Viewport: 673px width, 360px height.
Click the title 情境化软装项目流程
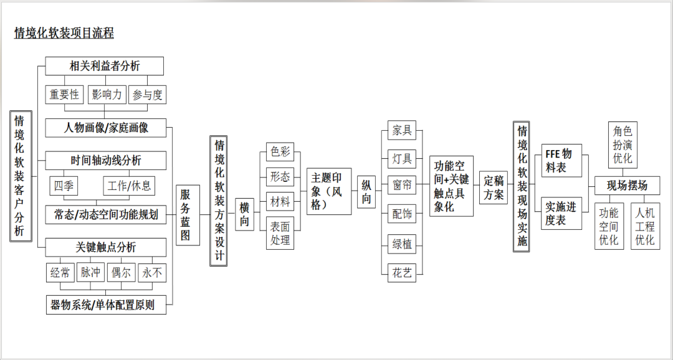click(x=64, y=34)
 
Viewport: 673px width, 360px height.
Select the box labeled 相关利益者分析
click(x=105, y=66)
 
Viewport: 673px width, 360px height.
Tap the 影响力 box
click(x=107, y=95)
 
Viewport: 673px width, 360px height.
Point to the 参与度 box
click(x=148, y=95)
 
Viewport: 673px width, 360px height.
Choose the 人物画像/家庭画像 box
click(x=106, y=128)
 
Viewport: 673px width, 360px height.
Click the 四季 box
click(x=64, y=186)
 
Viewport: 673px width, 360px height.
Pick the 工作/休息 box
click(x=128, y=186)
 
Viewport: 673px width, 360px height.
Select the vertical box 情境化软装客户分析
click(x=20, y=176)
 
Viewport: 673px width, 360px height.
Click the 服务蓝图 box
click(x=188, y=215)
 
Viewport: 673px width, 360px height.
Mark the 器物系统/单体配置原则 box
click(x=106, y=305)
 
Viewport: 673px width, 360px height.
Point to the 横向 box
click(x=245, y=214)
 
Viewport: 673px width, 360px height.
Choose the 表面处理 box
click(x=280, y=234)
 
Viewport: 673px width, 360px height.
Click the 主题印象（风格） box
click(x=328, y=191)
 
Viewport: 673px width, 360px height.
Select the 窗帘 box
click(x=401, y=186)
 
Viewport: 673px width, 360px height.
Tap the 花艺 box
click(x=401, y=273)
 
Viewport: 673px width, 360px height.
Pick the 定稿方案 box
click(x=494, y=187)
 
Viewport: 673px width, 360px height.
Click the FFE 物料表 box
click(x=561, y=161)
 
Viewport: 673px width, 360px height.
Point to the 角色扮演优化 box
click(x=623, y=144)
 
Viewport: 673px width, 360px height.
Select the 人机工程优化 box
click(x=645, y=225)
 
